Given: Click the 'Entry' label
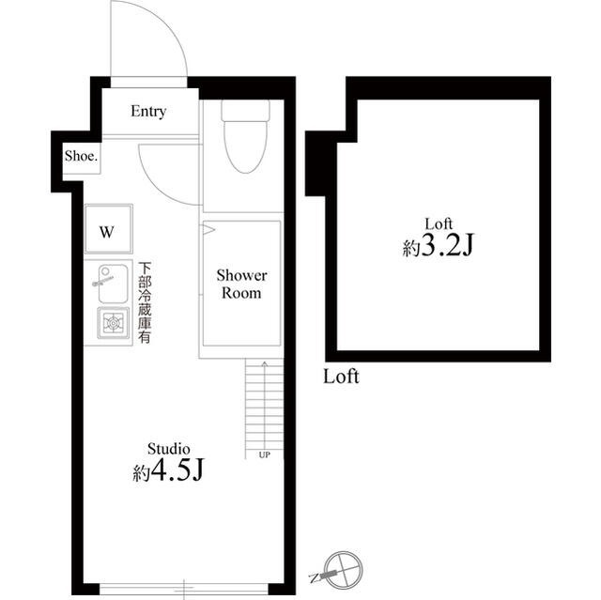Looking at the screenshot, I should pyautogui.click(x=148, y=112).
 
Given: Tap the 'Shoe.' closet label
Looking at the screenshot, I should pyautogui.click(x=81, y=157).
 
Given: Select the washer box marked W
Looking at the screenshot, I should pyautogui.click(x=107, y=231).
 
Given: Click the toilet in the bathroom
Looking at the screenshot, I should pyautogui.click(x=244, y=146).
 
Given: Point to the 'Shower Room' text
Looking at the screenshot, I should pyautogui.click(x=242, y=284).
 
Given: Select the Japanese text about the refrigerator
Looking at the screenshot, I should pyautogui.click(x=146, y=302).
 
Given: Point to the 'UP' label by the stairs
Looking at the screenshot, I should pyautogui.click(x=264, y=455).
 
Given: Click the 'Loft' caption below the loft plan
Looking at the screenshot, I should pyautogui.click(x=341, y=378).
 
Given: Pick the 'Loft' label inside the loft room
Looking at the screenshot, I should pyautogui.click(x=439, y=223).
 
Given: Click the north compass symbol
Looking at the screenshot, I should pyautogui.click(x=339, y=568).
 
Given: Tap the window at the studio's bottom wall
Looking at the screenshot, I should pyautogui.click(x=184, y=589).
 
